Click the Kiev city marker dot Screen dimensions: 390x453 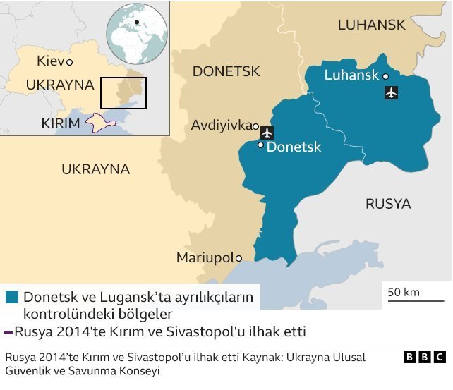point(69,63)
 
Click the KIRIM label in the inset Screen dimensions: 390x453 point(61,123)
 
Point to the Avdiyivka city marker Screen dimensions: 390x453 point(255,126)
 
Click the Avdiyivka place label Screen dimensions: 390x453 point(221,126)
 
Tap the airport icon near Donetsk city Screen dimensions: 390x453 point(267,132)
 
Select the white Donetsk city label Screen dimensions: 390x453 point(294,147)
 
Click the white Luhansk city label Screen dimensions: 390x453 point(351,75)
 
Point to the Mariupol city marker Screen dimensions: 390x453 point(238,258)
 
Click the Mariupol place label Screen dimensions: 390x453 point(205,257)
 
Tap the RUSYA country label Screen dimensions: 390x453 point(387,204)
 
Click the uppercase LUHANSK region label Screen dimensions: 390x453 point(371,25)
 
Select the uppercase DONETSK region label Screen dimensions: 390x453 point(226,71)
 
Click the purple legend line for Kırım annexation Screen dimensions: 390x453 point(8,331)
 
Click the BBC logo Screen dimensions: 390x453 point(425,357)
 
